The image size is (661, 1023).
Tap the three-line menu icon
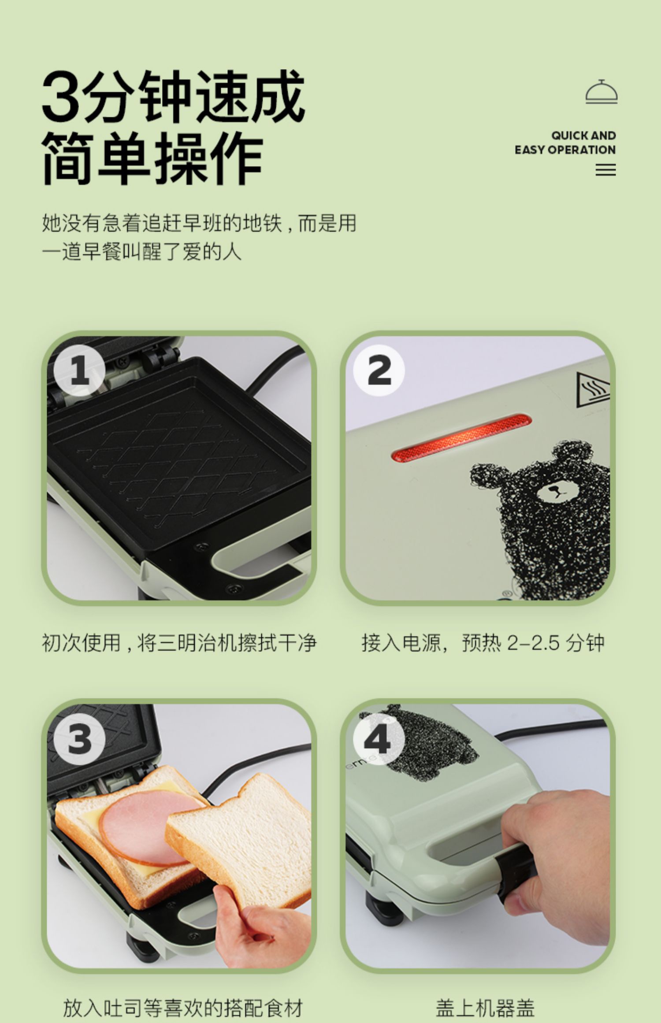pyautogui.click(x=605, y=170)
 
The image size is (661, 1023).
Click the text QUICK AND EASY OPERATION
pyautogui.click(x=565, y=142)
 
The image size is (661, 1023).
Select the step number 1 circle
pyautogui.click(x=80, y=371)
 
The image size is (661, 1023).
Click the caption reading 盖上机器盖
pyautogui.click(x=485, y=1007)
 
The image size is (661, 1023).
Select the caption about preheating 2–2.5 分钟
pyautogui.click(x=483, y=643)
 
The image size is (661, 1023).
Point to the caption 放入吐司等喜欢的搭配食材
pyautogui.click(x=183, y=1007)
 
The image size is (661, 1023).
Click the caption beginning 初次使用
pyautogui.click(x=179, y=643)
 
